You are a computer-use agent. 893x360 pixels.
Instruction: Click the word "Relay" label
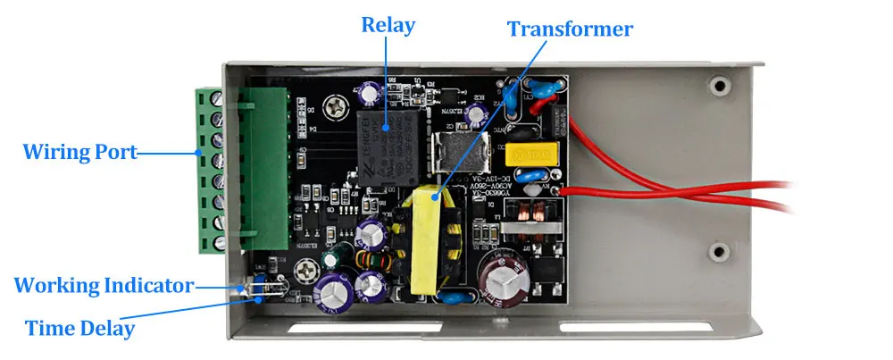[388, 24]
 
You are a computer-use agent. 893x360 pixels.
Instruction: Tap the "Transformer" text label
[570, 29]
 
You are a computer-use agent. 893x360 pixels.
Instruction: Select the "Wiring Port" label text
[80, 151]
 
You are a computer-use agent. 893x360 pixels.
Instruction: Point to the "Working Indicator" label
[104, 286]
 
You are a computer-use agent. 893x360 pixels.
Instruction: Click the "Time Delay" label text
[79, 328]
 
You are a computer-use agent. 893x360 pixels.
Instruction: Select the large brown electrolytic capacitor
[504, 280]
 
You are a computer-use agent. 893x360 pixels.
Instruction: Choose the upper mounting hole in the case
[717, 87]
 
